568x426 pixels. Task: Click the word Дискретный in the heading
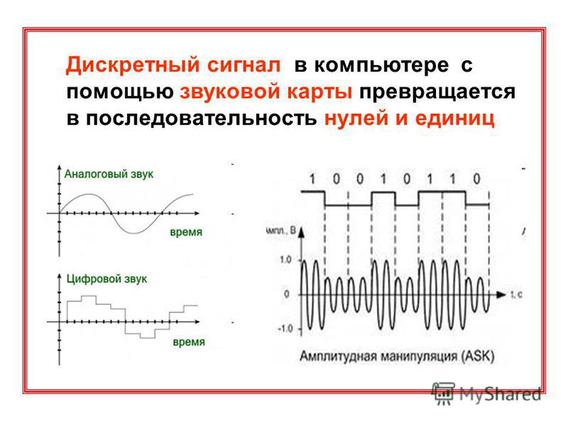point(132,65)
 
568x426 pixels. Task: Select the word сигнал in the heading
point(244,65)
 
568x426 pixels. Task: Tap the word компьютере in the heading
point(381,65)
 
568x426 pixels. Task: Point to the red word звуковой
point(230,92)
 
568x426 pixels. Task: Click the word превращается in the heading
point(437,92)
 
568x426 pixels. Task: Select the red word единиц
point(454,119)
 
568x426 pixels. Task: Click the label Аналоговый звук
point(109,174)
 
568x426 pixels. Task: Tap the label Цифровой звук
point(107,279)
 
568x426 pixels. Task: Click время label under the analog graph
point(186,232)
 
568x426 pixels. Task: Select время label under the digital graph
point(189,342)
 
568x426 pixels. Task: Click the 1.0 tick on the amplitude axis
point(285,260)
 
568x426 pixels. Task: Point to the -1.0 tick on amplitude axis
point(285,329)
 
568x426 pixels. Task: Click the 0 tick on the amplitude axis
point(287,294)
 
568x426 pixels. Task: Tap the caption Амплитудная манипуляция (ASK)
point(397,356)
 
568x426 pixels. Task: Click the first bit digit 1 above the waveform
point(312,179)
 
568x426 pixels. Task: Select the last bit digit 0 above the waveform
point(476,179)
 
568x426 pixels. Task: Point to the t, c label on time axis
point(517,295)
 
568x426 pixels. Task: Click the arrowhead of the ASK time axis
point(501,295)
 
